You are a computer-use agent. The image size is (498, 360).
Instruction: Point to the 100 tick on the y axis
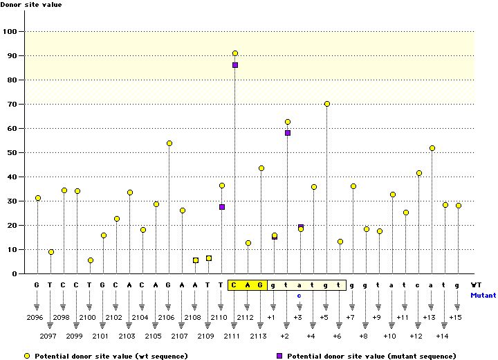point(12,31)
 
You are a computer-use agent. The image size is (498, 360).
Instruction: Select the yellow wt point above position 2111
point(235,53)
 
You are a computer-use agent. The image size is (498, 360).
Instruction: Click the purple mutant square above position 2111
point(235,65)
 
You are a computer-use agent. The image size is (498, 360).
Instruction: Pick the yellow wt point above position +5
point(327,104)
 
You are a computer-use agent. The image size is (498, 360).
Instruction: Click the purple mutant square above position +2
point(288,133)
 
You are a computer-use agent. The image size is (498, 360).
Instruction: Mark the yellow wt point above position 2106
point(169,143)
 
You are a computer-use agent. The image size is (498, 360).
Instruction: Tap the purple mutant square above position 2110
point(222,207)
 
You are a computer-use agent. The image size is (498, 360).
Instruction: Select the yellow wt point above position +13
point(432,148)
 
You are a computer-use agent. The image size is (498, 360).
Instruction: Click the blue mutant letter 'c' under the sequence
point(300,295)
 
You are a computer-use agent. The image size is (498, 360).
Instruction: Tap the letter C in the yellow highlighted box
point(235,285)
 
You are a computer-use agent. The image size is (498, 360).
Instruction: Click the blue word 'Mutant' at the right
point(483,295)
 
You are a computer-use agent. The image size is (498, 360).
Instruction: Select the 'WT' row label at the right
point(477,285)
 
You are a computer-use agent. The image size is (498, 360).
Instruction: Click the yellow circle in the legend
point(26,355)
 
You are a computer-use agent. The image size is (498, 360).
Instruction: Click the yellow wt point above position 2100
point(91,260)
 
